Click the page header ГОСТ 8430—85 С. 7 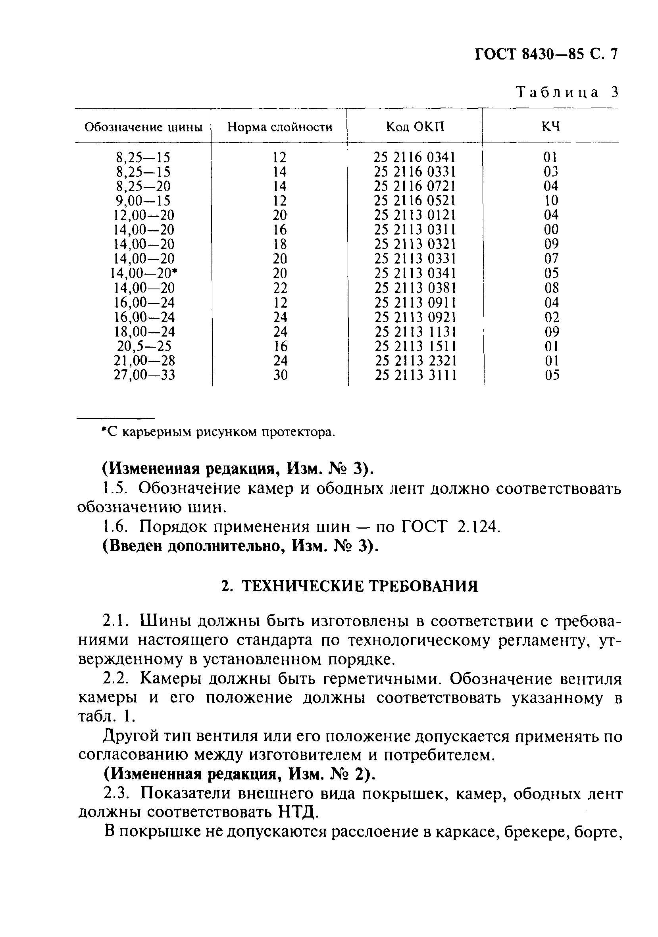coord(546,54)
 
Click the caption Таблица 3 coord(567,92)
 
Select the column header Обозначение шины coord(143,127)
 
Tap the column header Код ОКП coord(415,127)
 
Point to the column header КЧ coord(550,127)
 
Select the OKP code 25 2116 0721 coord(415,186)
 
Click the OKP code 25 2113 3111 coord(416,375)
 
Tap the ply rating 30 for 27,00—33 coord(280,375)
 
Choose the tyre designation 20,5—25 coord(144,346)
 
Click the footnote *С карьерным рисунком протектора coord(218,432)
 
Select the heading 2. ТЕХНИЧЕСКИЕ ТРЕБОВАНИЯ coord(349,587)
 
